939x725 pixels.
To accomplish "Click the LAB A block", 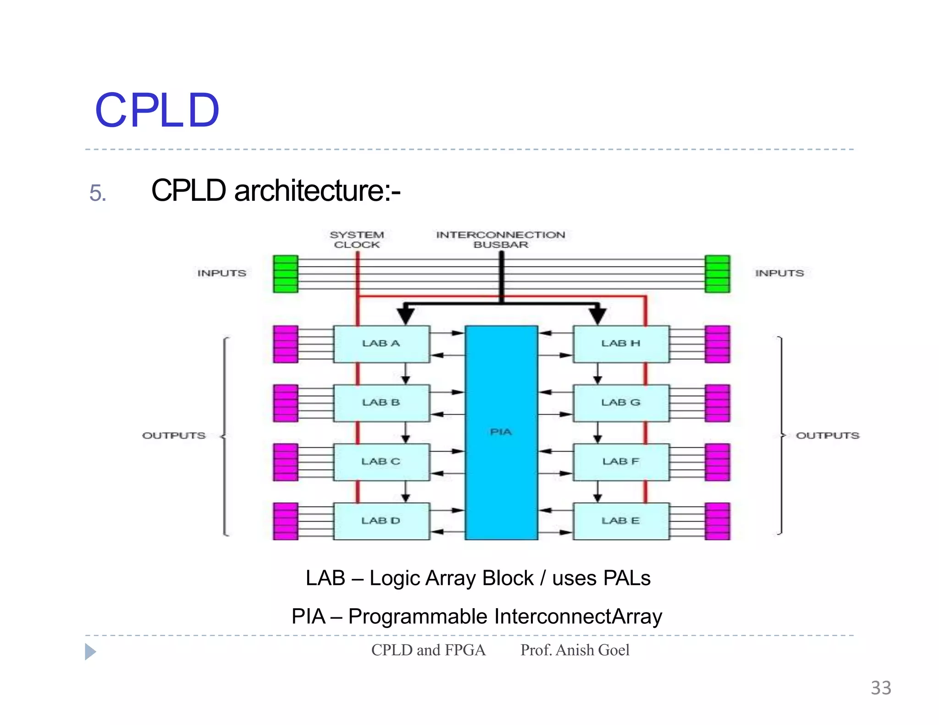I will coord(381,344).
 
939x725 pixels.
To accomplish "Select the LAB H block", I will coord(621,344).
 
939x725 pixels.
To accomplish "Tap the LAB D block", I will coord(381,521).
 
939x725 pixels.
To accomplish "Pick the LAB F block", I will coord(621,461).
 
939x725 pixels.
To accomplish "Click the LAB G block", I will coord(621,402).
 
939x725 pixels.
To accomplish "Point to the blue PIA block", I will coord(501,432).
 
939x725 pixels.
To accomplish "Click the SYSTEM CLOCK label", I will coord(357,240).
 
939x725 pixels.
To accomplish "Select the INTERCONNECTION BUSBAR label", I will coord(501,240).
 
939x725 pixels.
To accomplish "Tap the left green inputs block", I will coord(285,274).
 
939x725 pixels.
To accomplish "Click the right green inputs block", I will coord(717,274).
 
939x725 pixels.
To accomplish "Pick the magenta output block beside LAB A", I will coord(285,344).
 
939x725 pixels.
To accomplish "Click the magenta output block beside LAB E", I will coord(717,521).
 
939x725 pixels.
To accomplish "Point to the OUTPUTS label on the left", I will coord(174,435).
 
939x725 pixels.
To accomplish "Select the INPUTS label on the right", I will coord(779,273).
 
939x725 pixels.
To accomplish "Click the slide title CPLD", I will coord(157,111).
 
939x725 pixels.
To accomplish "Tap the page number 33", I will coord(881,688).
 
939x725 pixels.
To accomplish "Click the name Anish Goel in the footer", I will coord(592,650).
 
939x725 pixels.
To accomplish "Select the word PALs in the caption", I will coord(627,578).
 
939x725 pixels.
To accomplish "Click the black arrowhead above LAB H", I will coord(597,315).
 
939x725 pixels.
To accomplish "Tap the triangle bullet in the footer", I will coord(90,652).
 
